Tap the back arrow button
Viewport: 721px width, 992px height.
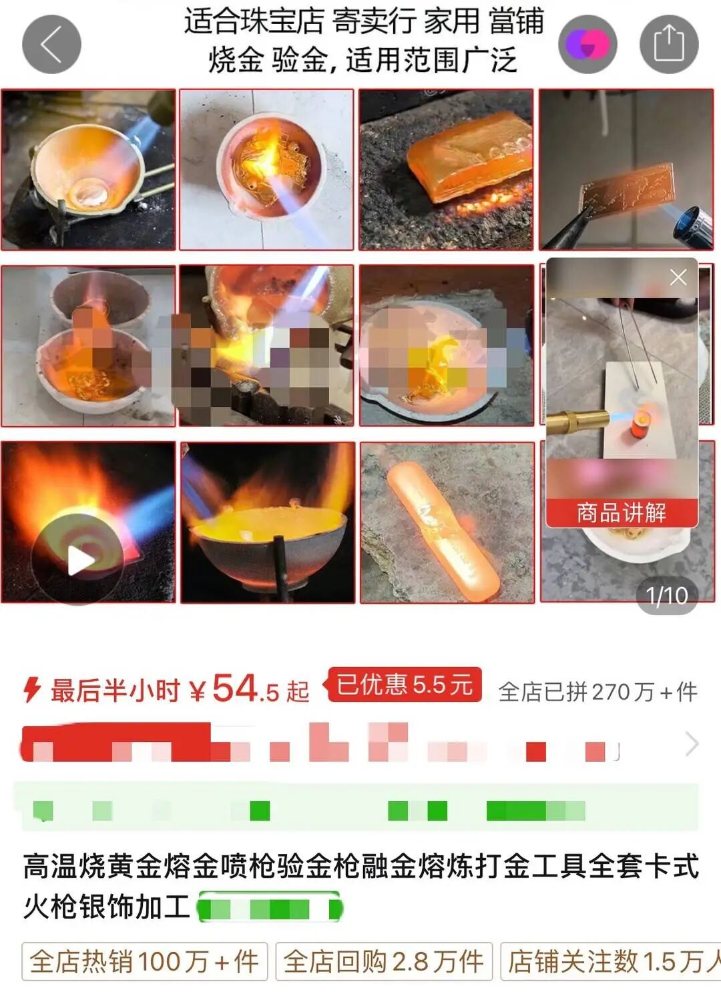tap(51, 45)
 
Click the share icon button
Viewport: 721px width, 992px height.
tap(669, 45)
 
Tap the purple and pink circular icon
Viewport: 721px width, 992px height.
tap(587, 45)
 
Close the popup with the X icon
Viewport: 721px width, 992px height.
tap(678, 277)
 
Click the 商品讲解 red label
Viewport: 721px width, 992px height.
tap(622, 512)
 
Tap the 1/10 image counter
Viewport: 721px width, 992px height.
tap(666, 595)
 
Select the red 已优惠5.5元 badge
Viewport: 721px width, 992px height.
tap(404, 684)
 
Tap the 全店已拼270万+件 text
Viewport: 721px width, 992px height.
tap(597, 692)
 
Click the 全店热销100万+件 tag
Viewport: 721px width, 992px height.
tap(144, 961)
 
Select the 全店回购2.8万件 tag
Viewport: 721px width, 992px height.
tap(384, 961)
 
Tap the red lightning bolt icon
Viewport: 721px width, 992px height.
tap(31, 690)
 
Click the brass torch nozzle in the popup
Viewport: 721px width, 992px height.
tap(577, 420)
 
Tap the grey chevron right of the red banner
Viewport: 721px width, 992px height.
tap(692, 743)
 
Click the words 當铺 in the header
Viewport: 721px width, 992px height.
tap(516, 21)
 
